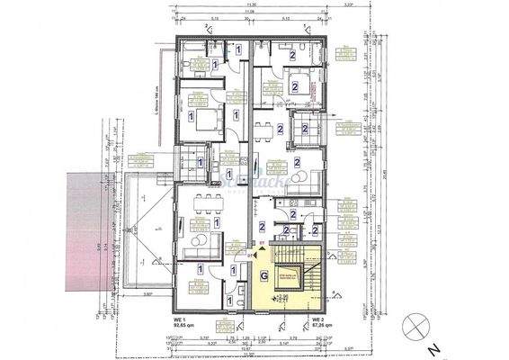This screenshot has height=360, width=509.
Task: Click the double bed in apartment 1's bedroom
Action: tap(206, 118)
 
